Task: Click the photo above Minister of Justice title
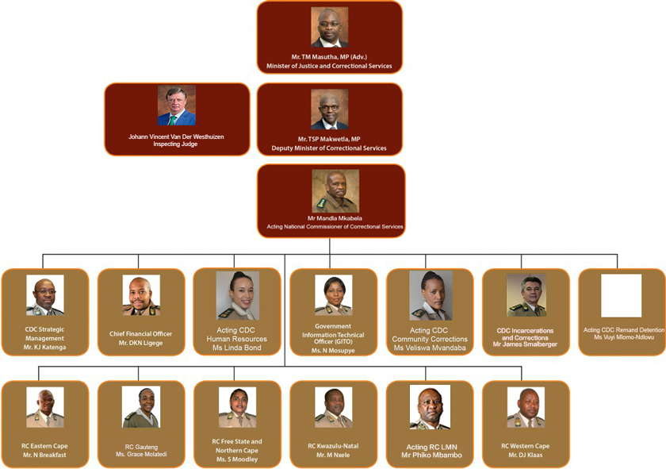[x=329, y=27]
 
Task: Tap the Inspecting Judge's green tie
[x=173, y=120]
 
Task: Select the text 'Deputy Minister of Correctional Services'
[x=329, y=148]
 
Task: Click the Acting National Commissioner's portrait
[x=335, y=191]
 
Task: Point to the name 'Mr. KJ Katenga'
[x=44, y=348]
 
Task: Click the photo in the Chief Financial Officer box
[x=141, y=294]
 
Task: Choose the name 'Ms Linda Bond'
[x=236, y=348]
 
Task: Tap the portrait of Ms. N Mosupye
[x=334, y=294]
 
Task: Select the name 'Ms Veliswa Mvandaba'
[x=430, y=348]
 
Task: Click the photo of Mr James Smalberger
[x=526, y=294]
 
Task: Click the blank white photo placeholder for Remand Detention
[x=621, y=295]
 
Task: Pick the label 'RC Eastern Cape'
[x=44, y=446]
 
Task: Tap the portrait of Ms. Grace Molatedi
[x=141, y=407]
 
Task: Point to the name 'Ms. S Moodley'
[x=237, y=459]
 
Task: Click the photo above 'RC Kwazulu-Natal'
[x=334, y=407]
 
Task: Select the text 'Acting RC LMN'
[x=431, y=447]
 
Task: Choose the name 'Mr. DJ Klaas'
[x=526, y=455]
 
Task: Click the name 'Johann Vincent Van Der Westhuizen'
[x=176, y=136]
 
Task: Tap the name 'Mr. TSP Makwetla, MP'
[x=329, y=139]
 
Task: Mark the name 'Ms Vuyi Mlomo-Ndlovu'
[x=624, y=337]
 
